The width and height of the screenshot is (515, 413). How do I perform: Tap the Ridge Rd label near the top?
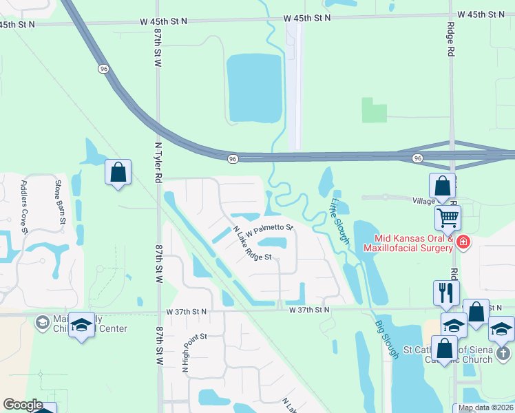click(452, 41)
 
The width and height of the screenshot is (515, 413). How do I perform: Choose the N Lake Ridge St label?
click(253, 244)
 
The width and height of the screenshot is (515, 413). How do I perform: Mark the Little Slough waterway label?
click(339, 221)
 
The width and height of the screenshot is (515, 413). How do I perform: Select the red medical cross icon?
click(463, 242)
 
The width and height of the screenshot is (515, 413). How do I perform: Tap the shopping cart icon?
click(448, 218)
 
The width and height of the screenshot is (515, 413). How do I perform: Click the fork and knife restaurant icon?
click(446, 292)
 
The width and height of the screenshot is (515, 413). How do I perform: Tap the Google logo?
click(23, 405)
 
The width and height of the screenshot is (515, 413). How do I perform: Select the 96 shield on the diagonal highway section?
click(103, 69)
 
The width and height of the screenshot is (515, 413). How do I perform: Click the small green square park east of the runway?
click(375, 110)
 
